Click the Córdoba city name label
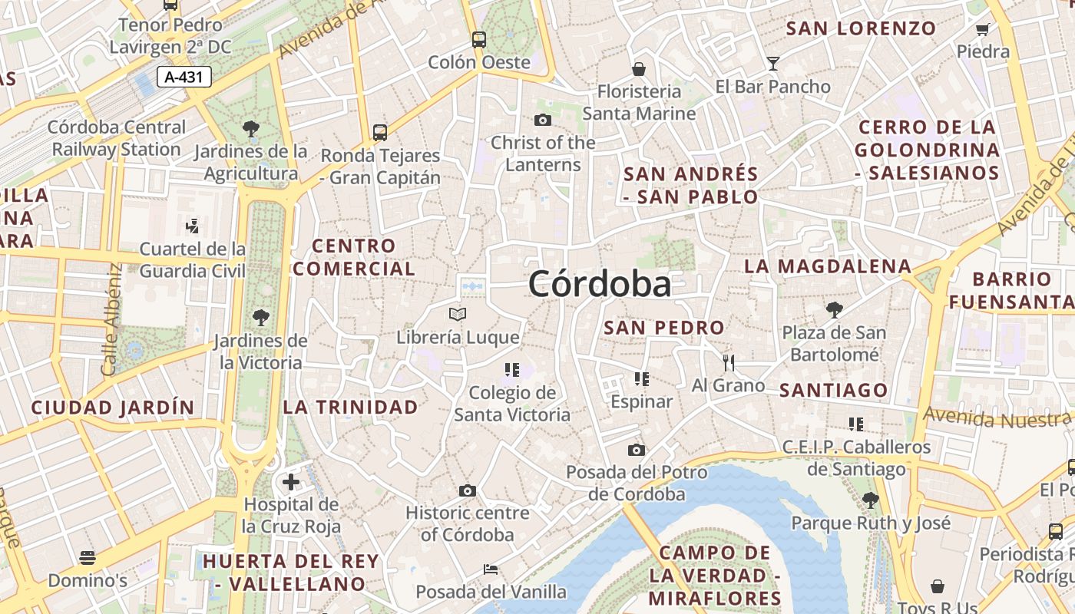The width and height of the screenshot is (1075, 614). click(600, 284)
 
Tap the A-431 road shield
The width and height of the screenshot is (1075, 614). click(184, 76)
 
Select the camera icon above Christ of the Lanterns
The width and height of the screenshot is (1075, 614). click(543, 120)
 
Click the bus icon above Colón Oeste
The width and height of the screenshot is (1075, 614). click(479, 39)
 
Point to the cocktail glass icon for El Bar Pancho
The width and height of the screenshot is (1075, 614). click(772, 63)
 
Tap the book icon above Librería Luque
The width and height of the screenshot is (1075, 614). click(458, 314)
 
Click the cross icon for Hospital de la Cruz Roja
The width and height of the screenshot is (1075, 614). click(291, 482)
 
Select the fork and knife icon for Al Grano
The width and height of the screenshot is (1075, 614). click(729, 362)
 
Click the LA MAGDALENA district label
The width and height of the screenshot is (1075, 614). click(828, 266)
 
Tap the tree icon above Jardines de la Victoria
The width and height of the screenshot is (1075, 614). click(261, 317)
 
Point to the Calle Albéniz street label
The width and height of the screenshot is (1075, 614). click(111, 320)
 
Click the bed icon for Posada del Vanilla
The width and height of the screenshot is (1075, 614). click(491, 569)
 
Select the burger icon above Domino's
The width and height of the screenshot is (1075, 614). click(88, 557)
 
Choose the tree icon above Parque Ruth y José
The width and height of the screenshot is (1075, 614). click(870, 500)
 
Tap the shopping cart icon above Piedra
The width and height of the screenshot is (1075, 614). click(982, 29)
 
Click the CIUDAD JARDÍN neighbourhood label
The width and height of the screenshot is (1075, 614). click(112, 407)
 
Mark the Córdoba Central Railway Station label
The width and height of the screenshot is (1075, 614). click(117, 138)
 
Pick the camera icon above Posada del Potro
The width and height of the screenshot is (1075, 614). click(637, 450)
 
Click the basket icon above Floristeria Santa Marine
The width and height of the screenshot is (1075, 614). click(639, 69)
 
